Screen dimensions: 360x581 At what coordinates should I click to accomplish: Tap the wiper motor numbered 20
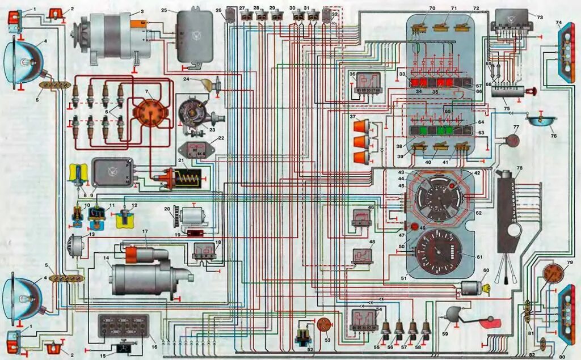(x=192, y=216)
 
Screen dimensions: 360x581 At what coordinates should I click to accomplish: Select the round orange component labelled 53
(x=325, y=324)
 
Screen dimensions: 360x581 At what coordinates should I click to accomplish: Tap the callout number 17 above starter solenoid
(x=145, y=231)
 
